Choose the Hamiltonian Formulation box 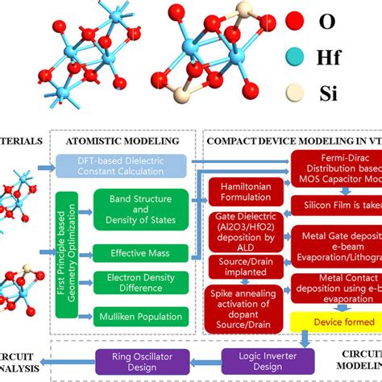[245, 192]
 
